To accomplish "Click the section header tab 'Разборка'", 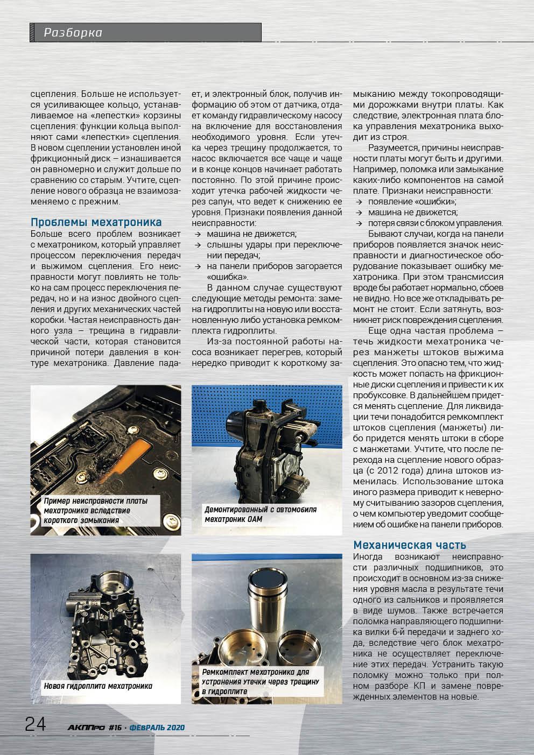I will (73, 33).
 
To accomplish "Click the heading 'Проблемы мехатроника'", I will (96, 222).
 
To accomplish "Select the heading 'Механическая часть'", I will (409, 545).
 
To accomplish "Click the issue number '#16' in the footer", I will (115, 728).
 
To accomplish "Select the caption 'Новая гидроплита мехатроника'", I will (99, 686).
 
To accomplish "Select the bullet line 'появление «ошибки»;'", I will (412, 201).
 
